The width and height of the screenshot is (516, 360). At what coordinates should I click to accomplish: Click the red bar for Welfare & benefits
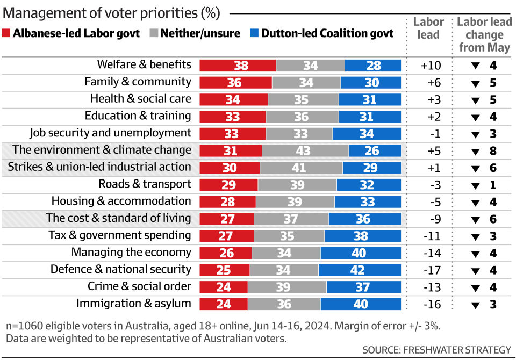pos(238,66)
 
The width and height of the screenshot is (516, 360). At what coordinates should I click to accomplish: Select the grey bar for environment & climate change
pos(305,150)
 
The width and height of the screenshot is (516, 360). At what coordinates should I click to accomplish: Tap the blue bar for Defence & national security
pos(360,270)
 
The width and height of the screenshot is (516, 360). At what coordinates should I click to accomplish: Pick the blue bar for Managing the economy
pos(361,253)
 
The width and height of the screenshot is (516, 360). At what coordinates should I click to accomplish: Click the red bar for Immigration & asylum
pos(224,304)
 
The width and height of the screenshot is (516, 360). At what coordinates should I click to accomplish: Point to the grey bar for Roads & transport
pos(297,185)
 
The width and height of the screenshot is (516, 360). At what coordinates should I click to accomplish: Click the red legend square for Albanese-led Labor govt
pos(6,33)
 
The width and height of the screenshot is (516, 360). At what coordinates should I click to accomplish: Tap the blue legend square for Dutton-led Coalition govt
pos(254,33)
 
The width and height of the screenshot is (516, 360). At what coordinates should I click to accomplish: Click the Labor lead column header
pos(428,28)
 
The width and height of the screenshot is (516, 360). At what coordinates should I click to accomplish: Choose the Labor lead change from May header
pos(484,34)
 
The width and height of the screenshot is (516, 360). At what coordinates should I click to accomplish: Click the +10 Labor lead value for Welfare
pos(431,66)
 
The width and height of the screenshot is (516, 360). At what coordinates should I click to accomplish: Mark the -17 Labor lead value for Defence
pos(431,270)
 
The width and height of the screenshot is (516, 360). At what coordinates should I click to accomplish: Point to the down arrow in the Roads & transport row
pos(475,186)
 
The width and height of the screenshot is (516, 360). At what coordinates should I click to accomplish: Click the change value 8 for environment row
pos(492,151)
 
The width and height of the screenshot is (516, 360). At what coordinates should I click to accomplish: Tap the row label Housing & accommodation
pos(121,201)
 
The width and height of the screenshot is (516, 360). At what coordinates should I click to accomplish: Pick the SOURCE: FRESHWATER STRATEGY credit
pos(436,350)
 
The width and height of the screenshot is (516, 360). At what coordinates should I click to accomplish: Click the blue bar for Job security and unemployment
pos(367,134)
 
